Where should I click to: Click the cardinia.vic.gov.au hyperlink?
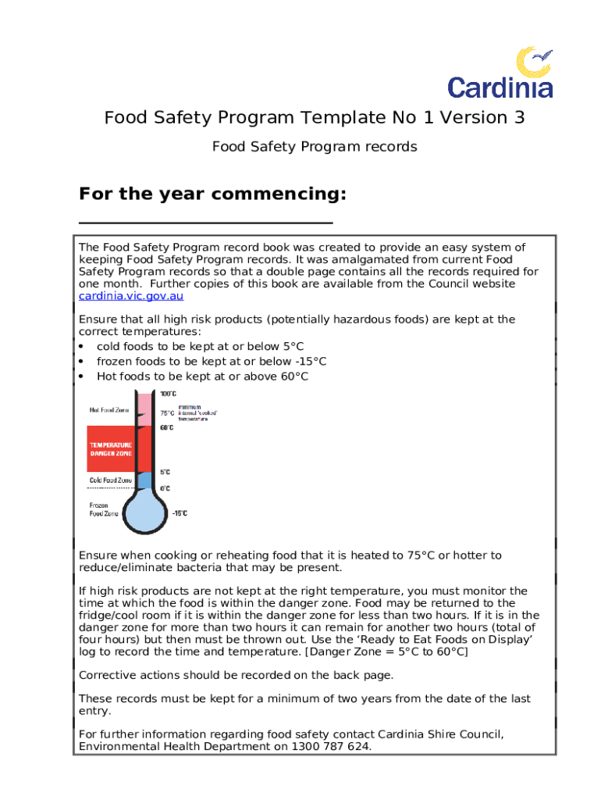131,296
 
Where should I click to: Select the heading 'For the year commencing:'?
212,193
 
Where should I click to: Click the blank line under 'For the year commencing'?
206,223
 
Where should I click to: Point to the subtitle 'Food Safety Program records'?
315,146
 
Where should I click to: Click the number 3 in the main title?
519,117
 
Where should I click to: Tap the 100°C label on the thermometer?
168,394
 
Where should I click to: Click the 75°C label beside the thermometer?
168,412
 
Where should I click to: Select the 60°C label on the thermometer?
167,428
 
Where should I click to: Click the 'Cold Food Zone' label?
108,480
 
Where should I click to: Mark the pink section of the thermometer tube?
144,411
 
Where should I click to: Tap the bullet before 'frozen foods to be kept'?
82,361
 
